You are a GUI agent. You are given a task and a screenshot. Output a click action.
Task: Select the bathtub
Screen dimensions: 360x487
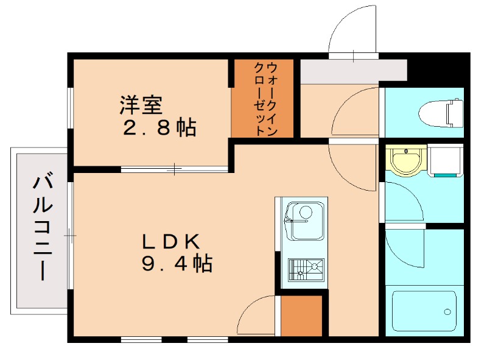coord(424,311)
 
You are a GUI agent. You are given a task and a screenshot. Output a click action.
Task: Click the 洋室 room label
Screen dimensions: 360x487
coord(141,105)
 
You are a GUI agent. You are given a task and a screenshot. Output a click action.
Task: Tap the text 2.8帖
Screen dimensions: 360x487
coord(159,127)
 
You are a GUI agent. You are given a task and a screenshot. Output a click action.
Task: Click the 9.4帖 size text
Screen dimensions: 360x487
coord(177,264)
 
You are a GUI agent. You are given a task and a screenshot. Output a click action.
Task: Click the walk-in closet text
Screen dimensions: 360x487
coord(264,98)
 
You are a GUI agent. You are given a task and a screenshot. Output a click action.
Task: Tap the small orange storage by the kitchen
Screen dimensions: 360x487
coord(301,315)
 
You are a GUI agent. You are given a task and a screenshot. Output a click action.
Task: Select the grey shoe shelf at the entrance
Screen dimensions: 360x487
coord(353,71)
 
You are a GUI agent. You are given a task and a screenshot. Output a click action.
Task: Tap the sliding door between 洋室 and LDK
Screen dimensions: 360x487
coord(175,169)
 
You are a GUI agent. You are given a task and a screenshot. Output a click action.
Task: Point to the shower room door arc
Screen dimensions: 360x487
coord(405,249)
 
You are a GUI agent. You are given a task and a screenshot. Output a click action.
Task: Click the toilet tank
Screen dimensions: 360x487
coord(455,113)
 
